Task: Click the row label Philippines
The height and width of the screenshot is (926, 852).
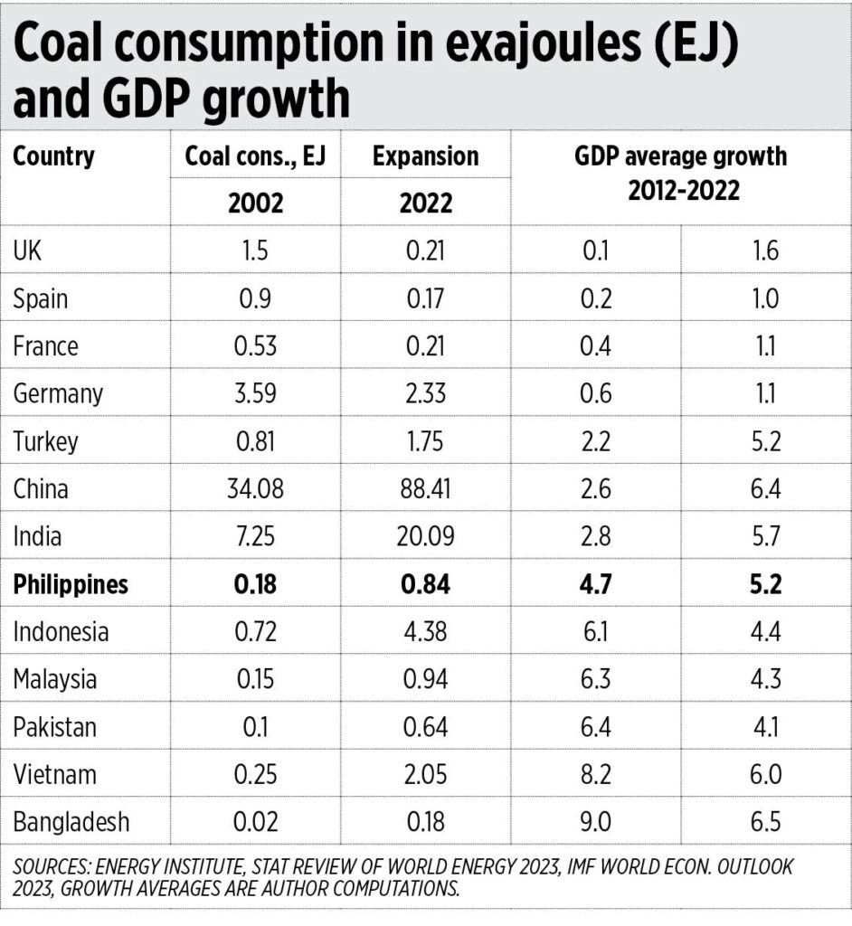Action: pyautogui.click(x=71, y=584)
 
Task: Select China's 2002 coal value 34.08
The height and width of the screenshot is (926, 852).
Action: pyautogui.click(x=256, y=489)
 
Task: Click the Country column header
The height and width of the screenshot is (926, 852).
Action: pyautogui.click(x=53, y=156)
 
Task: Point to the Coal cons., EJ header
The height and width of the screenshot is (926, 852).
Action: pyautogui.click(x=256, y=156)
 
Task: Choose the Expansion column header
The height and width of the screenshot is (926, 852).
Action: pyautogui.click(x=425, y=156)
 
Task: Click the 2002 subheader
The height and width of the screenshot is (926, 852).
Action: pyautogui.click(x=256, y=202)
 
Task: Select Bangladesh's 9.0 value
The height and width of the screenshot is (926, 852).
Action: pyautogui.click(x=597, y=823)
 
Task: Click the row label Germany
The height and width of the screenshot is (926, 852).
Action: pyautogui.click(x=58, y=394)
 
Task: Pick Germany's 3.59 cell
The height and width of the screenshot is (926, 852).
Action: pyautogui.click(x=256, y=394)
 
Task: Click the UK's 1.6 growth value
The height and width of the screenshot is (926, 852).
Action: pyautogui.click(x=765, y=251)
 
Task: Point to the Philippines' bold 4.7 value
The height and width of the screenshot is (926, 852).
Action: pyautogui.click(x=597, y=584)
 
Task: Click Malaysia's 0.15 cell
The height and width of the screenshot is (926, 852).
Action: pyautogui.click(x=256, y=680)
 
